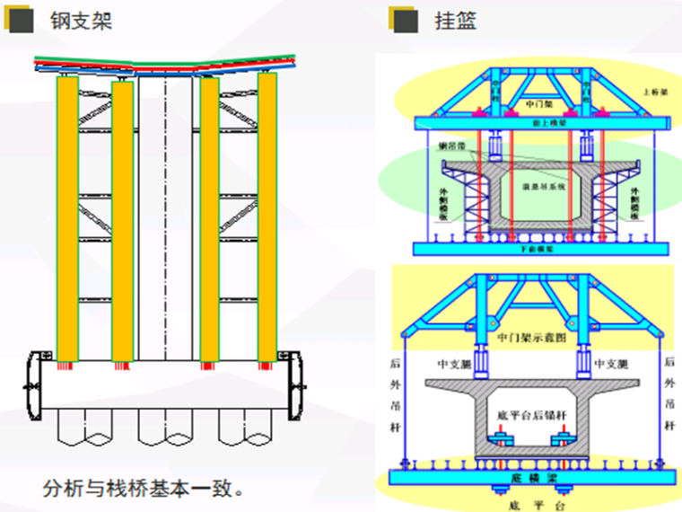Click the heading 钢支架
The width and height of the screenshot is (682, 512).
coord(81,21)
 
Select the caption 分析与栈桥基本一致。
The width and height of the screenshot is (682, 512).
coord(144,489)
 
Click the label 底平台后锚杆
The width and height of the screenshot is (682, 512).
coord(532,416)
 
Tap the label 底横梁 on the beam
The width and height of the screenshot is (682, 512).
coord(535,479)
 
